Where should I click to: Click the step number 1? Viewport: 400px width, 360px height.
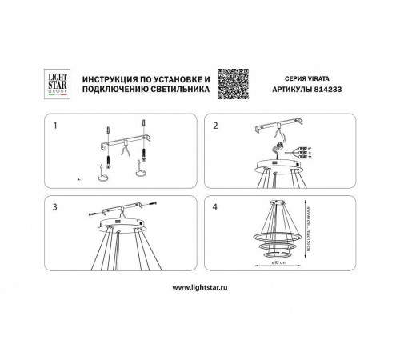tap(54, 126)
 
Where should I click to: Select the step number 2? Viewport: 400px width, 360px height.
tap(215, 126)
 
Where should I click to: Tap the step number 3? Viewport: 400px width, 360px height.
tap(54, 207)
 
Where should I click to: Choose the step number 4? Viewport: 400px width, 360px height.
tap(215, 207)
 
